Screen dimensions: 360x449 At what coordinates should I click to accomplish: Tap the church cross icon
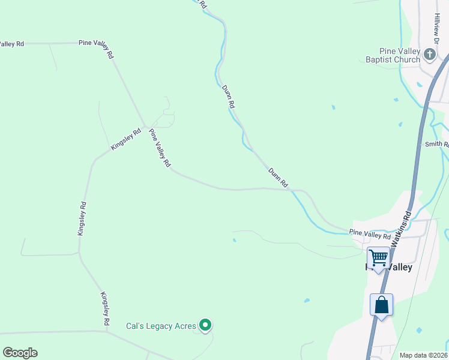(429, 55)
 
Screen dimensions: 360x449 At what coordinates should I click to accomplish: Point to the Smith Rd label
(436, 144)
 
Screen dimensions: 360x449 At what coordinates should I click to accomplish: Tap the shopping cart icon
(378, 257)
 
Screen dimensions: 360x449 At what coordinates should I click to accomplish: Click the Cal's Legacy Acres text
(161, 326)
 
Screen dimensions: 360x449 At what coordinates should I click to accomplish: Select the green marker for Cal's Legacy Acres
(205, 326)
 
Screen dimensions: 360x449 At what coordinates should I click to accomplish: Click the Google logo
(20, 353)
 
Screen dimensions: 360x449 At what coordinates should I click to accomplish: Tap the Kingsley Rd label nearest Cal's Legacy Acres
(105, 308)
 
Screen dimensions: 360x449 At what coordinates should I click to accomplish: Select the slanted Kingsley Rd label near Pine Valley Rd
(125, 139)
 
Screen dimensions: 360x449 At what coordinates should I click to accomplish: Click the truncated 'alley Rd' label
(12, 44)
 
